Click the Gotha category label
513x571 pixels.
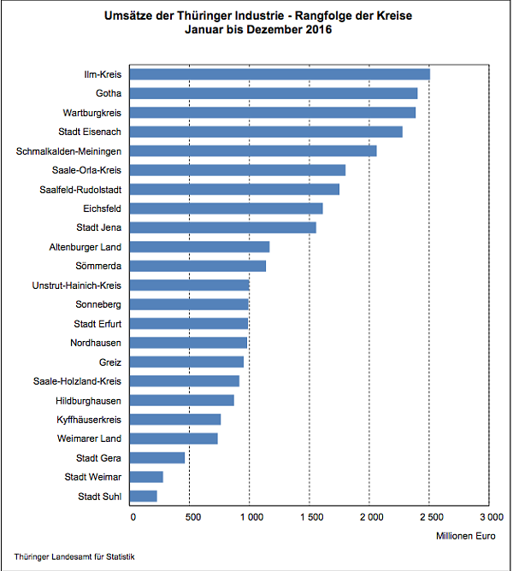coord(108,93)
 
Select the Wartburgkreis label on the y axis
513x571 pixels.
coord(91,113)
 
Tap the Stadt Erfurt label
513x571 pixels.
coord(97,323)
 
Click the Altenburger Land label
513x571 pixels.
coord(85,247)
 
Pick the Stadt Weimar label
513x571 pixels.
coord(93,477)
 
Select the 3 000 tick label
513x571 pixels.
coord(490,516)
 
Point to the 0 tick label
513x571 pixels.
coord(133,516)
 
